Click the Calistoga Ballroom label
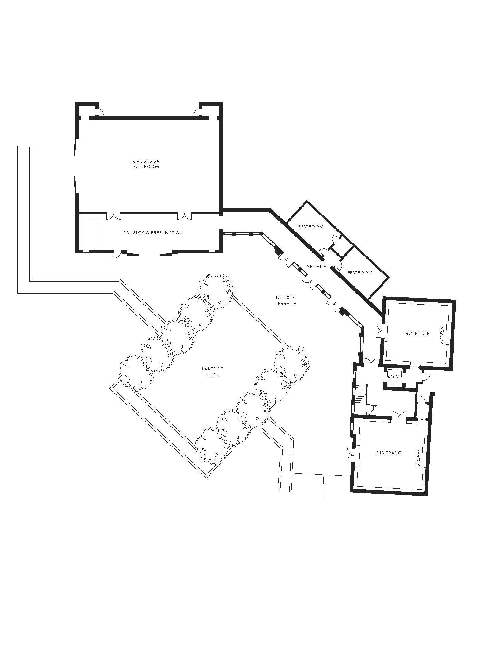tap(146, 164)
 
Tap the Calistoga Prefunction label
tap(153, 233)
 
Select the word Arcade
tap(316, 267)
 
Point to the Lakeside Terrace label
tap(286, 300)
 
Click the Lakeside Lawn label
tap(213, 372)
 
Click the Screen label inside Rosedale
tap(442, 335)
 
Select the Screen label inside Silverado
tap(418, 457)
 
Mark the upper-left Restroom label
tap(310, 227)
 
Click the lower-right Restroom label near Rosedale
tap(360, 273)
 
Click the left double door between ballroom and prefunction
tap(114, 215)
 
